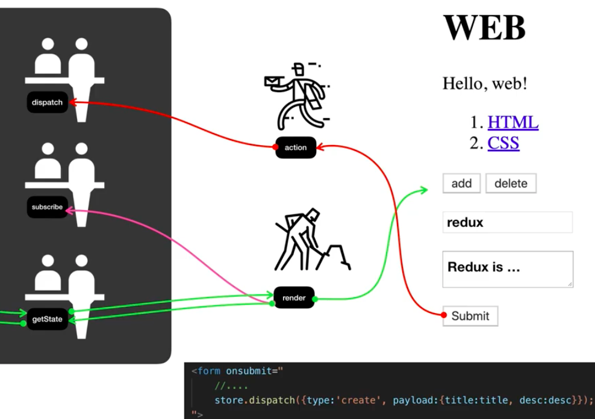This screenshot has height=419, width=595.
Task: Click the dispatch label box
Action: pos(47,102)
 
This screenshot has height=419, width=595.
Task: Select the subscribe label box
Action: pos(47,207)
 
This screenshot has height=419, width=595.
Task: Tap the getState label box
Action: pos(47,319)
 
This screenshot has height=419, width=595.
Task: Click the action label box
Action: pos(296,147)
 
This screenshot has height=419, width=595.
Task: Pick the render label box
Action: pos(294,298)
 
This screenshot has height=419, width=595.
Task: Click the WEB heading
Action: pos(484,28)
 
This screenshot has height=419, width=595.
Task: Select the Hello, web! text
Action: pos(485,83)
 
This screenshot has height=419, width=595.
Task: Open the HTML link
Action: pos(512,122)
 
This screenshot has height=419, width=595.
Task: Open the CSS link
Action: pos(503,143)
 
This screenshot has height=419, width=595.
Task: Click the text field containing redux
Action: pos(507,222)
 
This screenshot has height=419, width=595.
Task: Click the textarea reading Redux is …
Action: pos(507,269)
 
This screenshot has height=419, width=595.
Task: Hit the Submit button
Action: pos(470,316)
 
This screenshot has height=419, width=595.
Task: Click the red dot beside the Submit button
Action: pos(444,315)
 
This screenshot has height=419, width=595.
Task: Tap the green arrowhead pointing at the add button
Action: pos(423,190)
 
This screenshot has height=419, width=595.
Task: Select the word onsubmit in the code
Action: pos(248,371)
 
